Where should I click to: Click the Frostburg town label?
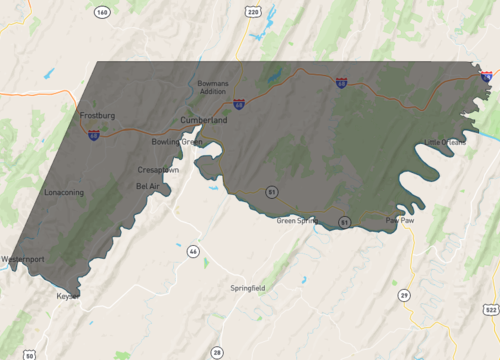(x=98, y=116)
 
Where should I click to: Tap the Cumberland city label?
(x=204, y=120)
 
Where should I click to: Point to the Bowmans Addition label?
(x=212, y=87)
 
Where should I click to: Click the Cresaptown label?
(x=159, y=169)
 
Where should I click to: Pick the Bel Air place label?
(x=147, y=186)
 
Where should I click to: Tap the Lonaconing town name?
(x=65, y=192)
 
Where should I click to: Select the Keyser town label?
(x=68, y=296)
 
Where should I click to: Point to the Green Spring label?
(x=297, y=220)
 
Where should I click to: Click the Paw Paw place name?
(x=399, y=219)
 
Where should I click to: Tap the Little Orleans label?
(x=445, y=142)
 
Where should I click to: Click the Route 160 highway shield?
(x=102, y=12)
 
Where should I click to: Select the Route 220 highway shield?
(x=253, y=12)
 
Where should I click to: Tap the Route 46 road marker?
(x=193, y=250)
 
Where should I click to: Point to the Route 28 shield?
(x=217, y=352)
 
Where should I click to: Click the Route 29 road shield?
(x=404, y=295)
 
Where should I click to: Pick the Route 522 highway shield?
(x=488, y=311)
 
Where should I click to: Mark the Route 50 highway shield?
(x=30, y=355)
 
